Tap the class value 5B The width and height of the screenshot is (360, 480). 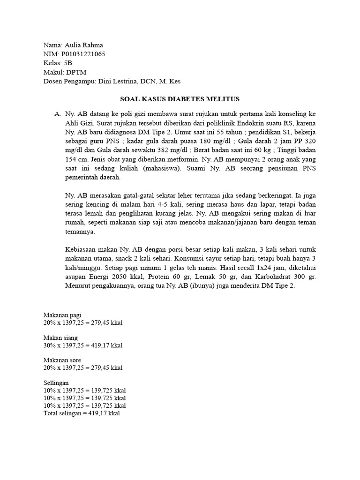[x=68, y=63]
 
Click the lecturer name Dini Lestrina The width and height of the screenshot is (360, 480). [x=118, y=81]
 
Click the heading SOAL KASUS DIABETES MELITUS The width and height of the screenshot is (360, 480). [x=180, y=99]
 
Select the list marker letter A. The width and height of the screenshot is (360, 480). [x=58, y=114]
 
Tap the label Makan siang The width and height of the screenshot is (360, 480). [x=60, y=337]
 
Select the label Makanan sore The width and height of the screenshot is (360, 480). [x=62, y=360]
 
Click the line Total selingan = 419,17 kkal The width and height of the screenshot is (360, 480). [x=82, y=413]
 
